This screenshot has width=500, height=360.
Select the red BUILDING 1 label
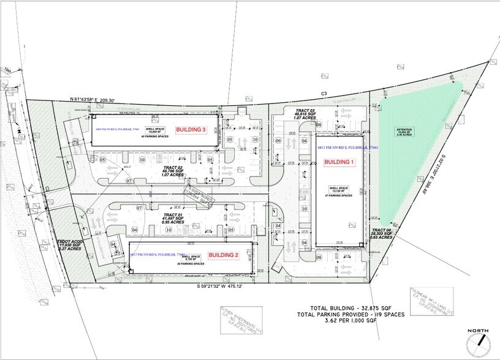point(337,162)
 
